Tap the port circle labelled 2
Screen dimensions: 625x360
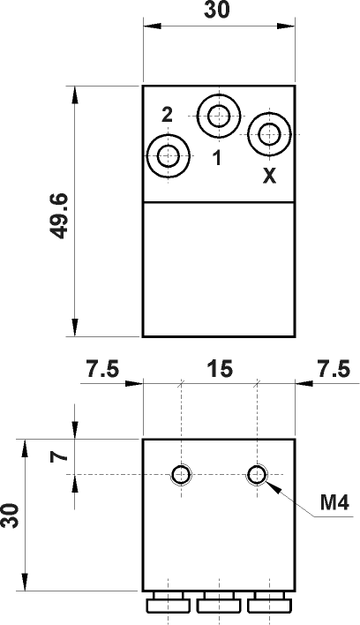(168, 156)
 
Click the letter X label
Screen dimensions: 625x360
(270, 176)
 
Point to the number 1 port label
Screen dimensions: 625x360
(217, 158)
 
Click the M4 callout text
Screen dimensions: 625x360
(335, 503)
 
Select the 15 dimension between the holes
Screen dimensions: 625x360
(220, 369)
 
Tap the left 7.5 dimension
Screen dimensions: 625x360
(102, 369)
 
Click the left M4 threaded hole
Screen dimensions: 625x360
(182, 475)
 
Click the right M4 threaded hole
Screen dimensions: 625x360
(257, 475)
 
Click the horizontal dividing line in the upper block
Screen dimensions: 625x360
(218, 203)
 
